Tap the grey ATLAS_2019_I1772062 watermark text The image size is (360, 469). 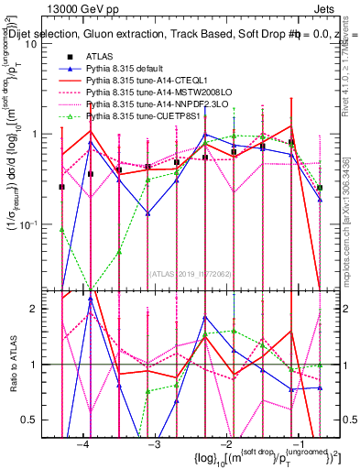point(191,273)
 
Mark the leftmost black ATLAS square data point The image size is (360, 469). point(61,187)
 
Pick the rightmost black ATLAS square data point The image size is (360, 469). point(320,188)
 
